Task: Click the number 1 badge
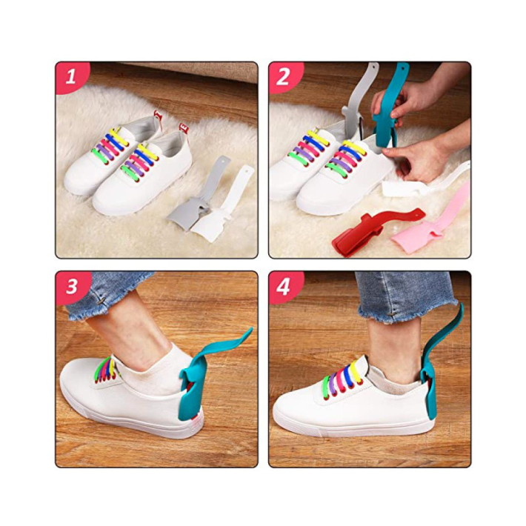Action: [x=71, y=77]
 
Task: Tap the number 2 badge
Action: [x=284, y=77]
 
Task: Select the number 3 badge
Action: [x=71, y=287]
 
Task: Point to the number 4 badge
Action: [x=284, y=287]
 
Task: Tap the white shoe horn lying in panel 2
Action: [x=423, y=183]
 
